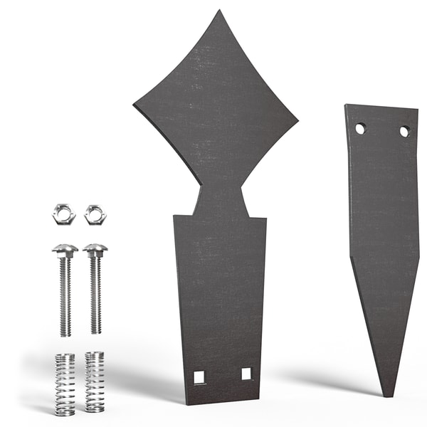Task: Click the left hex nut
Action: point(63,213)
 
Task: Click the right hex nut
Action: point(95,213)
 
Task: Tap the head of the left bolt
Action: point(65,250)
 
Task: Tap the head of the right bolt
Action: point(95,250)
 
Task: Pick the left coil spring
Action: point(65,384)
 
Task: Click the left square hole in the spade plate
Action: point(199,377)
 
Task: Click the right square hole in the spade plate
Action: point(246,374)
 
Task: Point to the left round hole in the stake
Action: point(360,128)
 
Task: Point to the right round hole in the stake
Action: point(404,132)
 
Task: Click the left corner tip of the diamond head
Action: point(135,105)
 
